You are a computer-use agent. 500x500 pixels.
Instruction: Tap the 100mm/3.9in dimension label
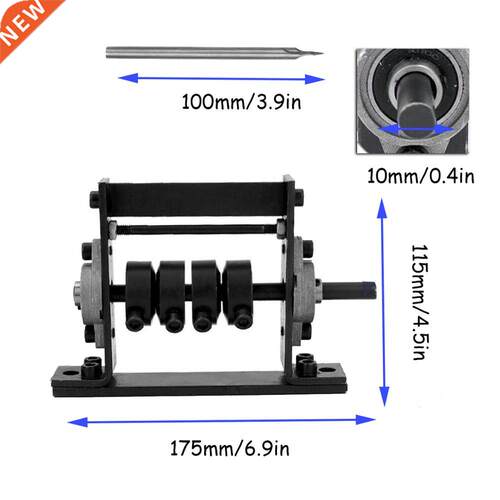[241, 102]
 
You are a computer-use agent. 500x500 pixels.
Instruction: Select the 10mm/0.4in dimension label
[420, 176]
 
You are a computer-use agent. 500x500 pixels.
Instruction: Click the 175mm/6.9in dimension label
[230, 449]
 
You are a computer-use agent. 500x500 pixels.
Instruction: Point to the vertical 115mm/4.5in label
[419, 302]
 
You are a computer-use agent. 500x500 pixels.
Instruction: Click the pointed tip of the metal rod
[322, 53]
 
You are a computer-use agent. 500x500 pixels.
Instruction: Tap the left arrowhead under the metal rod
[128, 78]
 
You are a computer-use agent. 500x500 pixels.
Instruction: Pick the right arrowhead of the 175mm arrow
[366, 419]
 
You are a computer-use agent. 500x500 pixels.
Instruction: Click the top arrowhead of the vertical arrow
[382, 208]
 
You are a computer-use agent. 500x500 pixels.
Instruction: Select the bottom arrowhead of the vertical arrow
[384, 396]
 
